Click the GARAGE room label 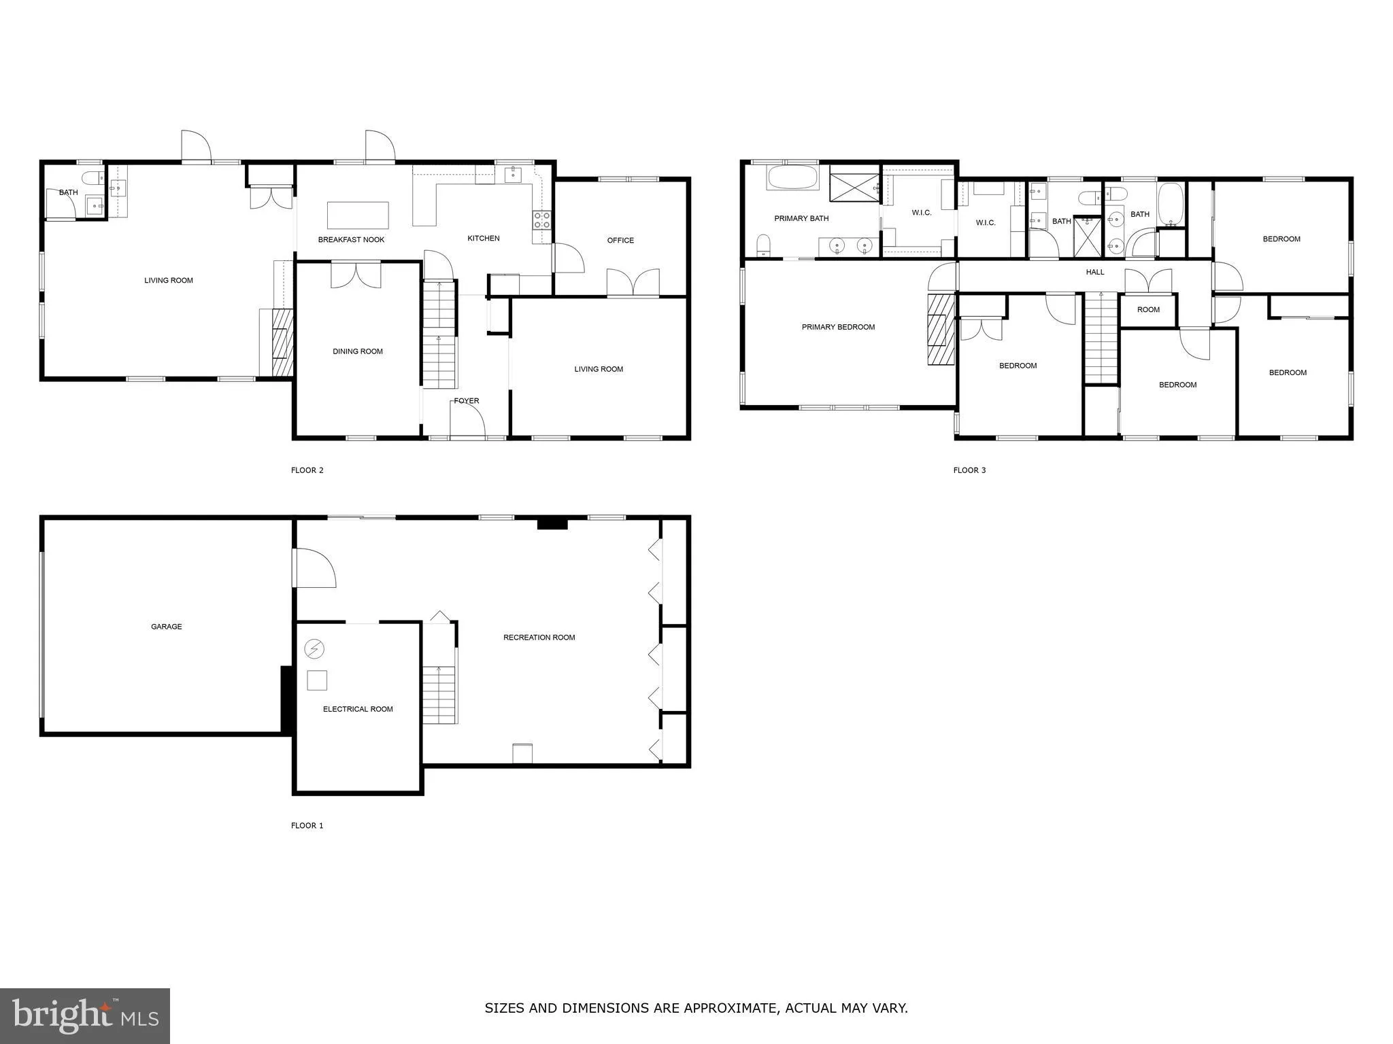pos(166,627)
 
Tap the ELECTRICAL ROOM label pos(358,709)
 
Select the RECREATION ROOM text pos(539,638)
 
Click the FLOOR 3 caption pos(969,470)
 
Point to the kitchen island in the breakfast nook pos(358,215)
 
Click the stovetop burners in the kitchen pos(541,220)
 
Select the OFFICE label pos(620,241)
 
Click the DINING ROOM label pos(358,351)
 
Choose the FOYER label pos(467,401)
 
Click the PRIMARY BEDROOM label pos(838,327)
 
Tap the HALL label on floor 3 pos(1095,272)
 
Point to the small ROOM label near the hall pos(1148,310)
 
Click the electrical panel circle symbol pos(314,649)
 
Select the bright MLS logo pos(84,1015)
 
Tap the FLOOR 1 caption pos(307,826)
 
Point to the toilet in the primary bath pos(763,246)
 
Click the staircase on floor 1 pos(439,695)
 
